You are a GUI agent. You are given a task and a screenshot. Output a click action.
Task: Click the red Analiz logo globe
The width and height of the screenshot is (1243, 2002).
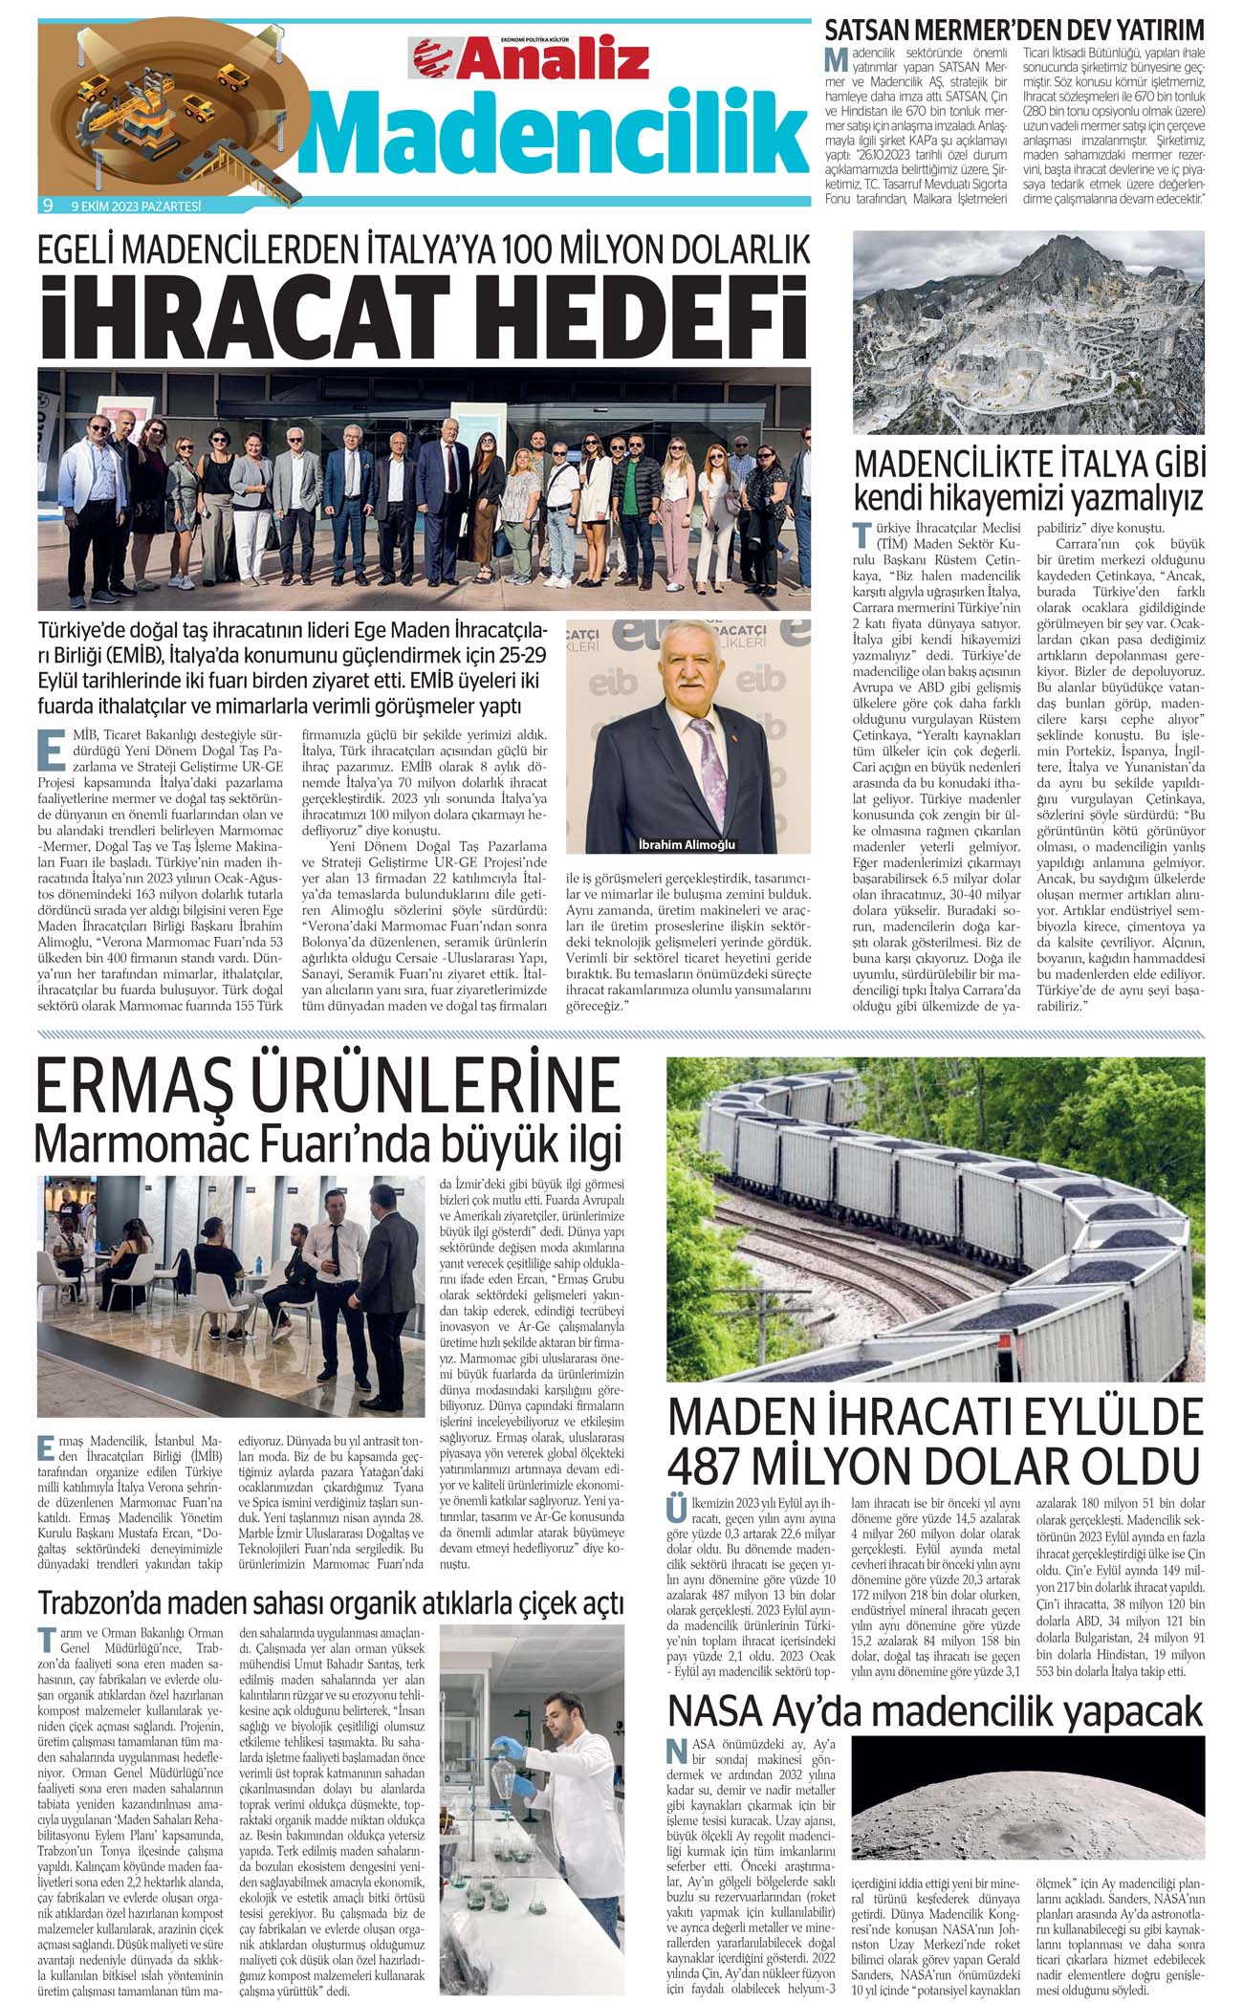coord(432,58)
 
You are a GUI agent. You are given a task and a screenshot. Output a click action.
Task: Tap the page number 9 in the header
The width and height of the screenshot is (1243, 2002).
coord(47,205)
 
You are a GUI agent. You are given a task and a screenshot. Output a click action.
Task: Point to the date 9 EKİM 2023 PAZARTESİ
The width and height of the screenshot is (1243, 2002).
coord(142,206)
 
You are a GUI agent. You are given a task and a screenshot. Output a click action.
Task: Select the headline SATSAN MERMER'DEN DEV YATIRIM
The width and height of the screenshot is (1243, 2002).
coord(1014,29)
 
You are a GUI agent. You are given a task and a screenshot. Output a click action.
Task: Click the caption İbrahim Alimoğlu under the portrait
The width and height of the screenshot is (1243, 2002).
coord(687,844)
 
